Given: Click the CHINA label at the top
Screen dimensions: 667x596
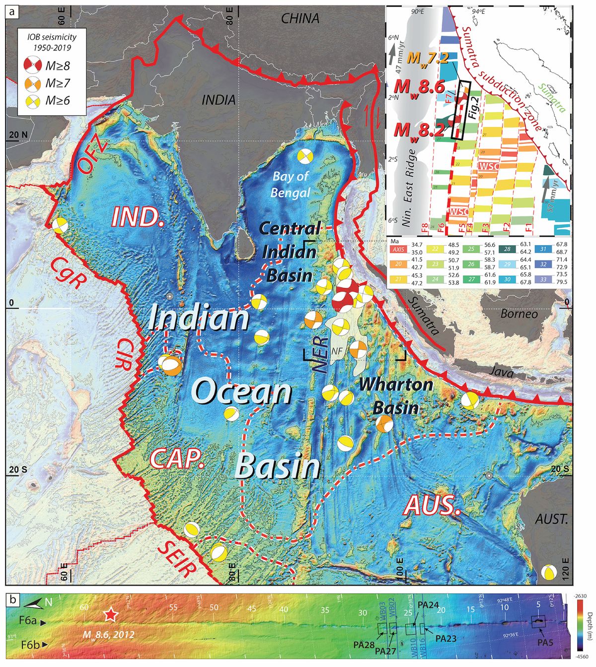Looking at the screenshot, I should point(300,19).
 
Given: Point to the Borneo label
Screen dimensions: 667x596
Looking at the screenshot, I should point(519,314).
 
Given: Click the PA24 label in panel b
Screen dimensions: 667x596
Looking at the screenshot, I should point(428,605).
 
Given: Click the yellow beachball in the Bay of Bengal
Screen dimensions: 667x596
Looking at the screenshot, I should point(305,156).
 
